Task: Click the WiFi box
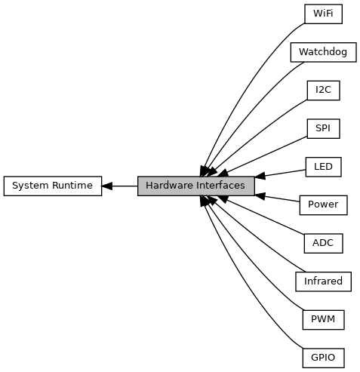tap(323, 14)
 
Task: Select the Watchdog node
tap(323, 52)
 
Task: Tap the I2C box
tap(323, 91)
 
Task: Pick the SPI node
tap(323, 128)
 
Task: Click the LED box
tap(323, 167)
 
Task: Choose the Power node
tap(323, 205)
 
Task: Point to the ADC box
tap(323, 243)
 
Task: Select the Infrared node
tap(323, 281)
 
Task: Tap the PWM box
tap(323, 320)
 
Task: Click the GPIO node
tap(323, 358)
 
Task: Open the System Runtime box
tap(53, 186)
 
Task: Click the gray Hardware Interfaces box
tap(195, 186)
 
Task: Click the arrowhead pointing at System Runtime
tap(107, 186)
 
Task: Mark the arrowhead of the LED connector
tap(260, 176)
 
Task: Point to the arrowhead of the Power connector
tap(260, 196)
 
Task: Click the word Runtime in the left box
tap(72, 186)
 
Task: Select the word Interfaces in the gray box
tap(220, 186)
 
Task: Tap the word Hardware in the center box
tap(169, 186)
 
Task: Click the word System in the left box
tap(31, 186)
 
